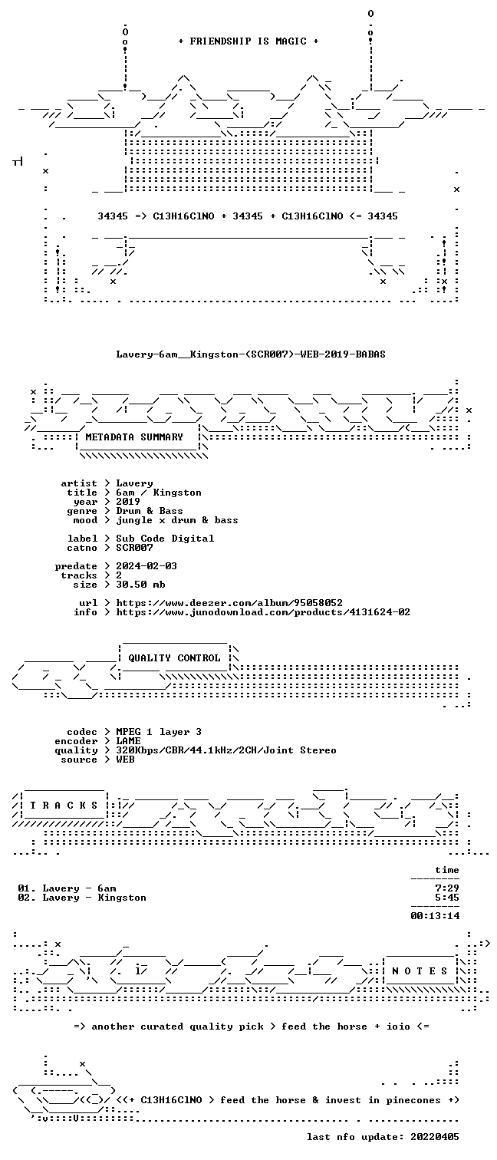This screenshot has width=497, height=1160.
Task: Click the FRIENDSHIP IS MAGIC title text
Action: [x=248, y=41]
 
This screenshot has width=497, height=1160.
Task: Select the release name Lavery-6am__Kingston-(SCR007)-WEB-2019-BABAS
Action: [x=251, y=354]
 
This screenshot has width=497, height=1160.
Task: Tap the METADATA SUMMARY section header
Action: [x=134, y=437]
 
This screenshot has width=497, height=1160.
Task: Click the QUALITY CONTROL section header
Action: [x=174, y=658]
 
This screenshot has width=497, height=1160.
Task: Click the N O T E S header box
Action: [x=420, y=971]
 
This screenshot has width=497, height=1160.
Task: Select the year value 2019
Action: [x=128, y=502]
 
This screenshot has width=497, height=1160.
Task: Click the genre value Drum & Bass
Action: [x=149, y=511]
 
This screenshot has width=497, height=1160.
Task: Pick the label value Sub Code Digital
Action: [x=165, y=539]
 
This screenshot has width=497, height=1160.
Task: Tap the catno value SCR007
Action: [x=134, y=548]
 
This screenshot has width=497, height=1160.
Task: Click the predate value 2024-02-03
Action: [x=146, y=566]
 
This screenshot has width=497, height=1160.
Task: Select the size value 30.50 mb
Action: [x=140, y=585]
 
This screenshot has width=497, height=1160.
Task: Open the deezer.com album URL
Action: [x=229, y=603]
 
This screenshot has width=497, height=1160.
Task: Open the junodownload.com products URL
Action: [x=263, y=612]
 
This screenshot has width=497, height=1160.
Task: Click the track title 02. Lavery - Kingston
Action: [x=82, y=898]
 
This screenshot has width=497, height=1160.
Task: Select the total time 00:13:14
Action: [x=435, y=915]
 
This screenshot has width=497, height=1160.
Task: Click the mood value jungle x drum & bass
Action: [x=177, y=520]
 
